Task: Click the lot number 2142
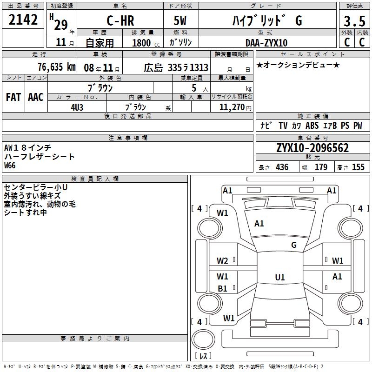[x=23, y=20]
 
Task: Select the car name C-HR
[x=120, y=21]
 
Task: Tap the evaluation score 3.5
[x=354, y=21]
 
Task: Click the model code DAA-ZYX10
[x=266, y=43]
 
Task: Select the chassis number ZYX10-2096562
[x=312, y=148]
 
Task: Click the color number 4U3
[x=77, y=106]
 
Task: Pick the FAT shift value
[x=13, y=97]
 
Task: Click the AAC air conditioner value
[x=36, y=97]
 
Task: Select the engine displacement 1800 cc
[x=142, y=43]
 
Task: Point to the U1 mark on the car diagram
[x=279, y=277]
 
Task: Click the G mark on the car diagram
[x=294, y=245]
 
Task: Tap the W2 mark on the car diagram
[x=223, y=260]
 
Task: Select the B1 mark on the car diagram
[x=223, y=289]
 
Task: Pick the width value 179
[x=321, y=167]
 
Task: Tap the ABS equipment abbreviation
[x=312, y=126]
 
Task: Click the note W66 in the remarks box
[x=10, y=165]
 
